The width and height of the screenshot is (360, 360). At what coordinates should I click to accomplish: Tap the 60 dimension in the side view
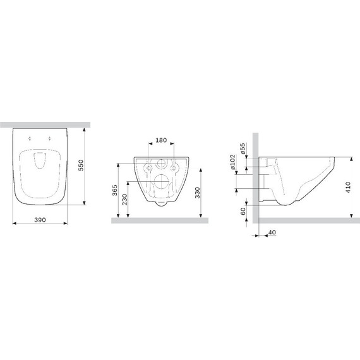tap(243, 211)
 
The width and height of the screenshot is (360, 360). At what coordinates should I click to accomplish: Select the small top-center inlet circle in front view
tap(162, 163)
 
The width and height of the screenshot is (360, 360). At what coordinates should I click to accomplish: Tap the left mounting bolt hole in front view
tap(148, 169)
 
